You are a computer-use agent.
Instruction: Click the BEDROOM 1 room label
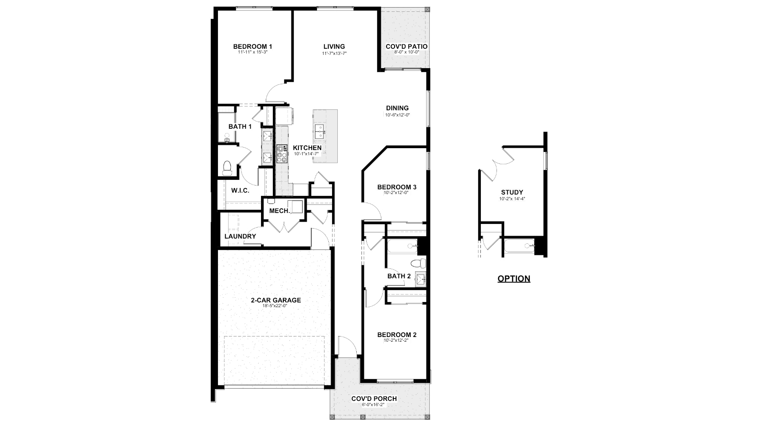click(x=253, y=46)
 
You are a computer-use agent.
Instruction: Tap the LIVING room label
click(x=334, y=46)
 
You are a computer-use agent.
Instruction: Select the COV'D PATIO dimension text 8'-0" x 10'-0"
click(x=406, y=52)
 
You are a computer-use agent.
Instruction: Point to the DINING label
click(x=397, y=108)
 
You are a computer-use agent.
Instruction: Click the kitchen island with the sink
click(x=325, y=136)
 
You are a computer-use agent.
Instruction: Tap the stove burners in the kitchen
click(x=282, y=154)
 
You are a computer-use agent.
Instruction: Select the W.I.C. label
click(x=240, y=190)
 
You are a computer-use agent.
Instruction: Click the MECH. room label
click(x=280, y=211)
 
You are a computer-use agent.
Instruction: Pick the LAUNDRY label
click(x=240, y=236)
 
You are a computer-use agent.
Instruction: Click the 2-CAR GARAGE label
click(x=276, y=300)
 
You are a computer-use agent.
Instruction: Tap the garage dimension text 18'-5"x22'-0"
click(x=275, y=306)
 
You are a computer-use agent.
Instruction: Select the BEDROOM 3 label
click(x=397, y=187)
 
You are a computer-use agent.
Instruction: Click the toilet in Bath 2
click(x=415, y=263)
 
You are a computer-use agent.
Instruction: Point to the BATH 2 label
click(x=399, y=276)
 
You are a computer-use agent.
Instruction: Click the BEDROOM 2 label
click(x=397, y=335)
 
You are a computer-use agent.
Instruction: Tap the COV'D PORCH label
click(x=374, y=399)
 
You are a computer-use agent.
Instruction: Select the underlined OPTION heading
click(x=514, y=278)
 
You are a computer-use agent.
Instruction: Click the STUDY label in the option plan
click(x=512, y=192)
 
